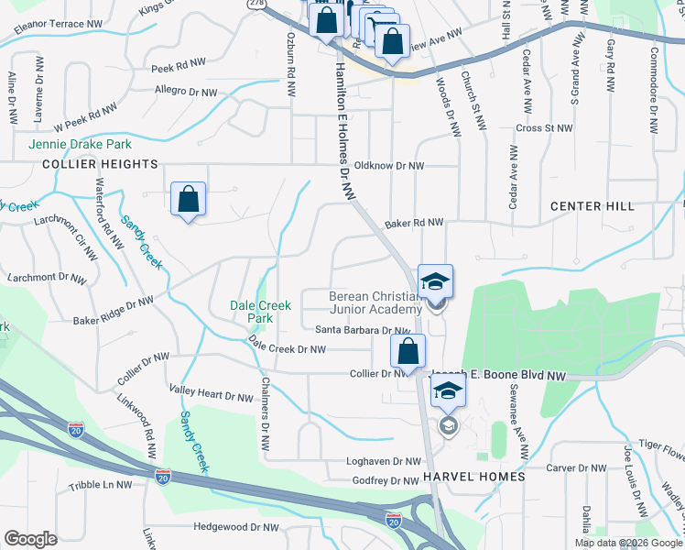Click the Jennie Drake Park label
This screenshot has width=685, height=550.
[x=80, y=144]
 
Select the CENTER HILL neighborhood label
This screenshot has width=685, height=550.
[x=593, y=206]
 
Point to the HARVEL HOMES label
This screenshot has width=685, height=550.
[x=474, y=477]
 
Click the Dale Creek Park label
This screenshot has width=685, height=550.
[x=261, y=312]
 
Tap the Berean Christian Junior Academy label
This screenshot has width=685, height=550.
[x=375, y=302]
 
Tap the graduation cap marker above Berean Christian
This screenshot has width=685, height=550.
[x=435, y=280]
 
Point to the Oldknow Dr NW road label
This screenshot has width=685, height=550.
[x=389, y=166]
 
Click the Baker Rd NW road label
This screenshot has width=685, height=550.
[x=414, y=223]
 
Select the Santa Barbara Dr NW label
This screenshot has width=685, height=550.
[x=362, y=330]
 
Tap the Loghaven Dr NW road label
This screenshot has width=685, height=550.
[x=383, y=462]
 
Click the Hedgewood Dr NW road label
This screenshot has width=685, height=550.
[x=236, y=527]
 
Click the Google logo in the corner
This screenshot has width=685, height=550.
[x=30, y=539]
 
